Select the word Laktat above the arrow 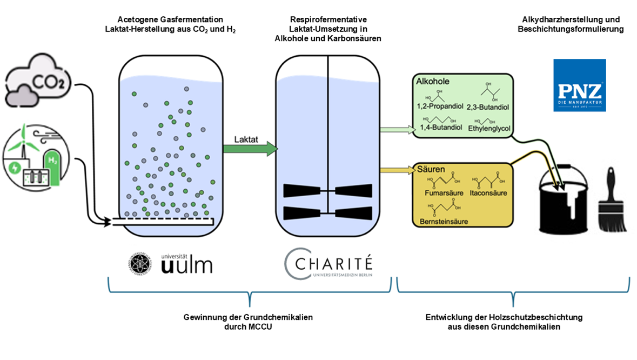[246, 139]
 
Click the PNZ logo [579, 85]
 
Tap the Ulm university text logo [187, 263]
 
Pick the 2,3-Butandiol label [488, 107]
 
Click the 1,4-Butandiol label [441, 128]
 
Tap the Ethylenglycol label [488, 128]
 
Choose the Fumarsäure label [442, 192]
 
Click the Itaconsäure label [488, 192]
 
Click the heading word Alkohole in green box [432, 82]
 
